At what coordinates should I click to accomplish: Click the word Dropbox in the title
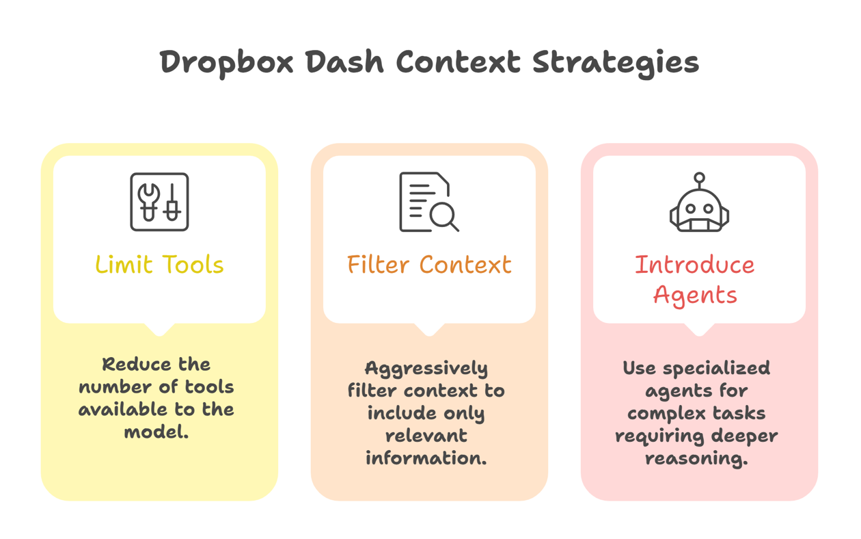pyautogui.click(x=227, y=63)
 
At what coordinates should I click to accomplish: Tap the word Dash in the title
pyautogui.click(x=345, y=62)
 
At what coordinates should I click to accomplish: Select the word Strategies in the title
pyautogui.click(x=616, y=63)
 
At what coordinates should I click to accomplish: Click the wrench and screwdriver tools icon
pyautogui.click(x=159, y=202)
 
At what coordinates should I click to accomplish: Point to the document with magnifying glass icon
pyautogui.click(x=429, y=202)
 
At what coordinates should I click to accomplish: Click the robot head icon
pyautogui.click(x=699, y=202)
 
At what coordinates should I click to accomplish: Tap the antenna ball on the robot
pyautogui.click(x=699, y=178)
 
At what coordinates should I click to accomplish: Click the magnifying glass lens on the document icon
pyautogui.click(x=442, y=214)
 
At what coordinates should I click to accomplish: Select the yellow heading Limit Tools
pyautogui.click(x=159, y=265)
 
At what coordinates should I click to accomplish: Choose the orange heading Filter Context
pyautogui.click(x=429, y=265)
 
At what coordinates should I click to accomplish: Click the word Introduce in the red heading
pyautogui.click(x=694, y=265)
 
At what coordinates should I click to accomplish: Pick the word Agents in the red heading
pyautogui.click(x=695, y=295)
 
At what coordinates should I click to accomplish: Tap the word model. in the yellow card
pyautogui.click(x=156, y=432)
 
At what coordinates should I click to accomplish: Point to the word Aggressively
pyautogui.click(x=426, y=369)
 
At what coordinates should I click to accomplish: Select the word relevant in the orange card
pyautogui.click(x=426, y=436)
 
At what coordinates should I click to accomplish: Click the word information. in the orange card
pyautogui.click(x=426, y=458)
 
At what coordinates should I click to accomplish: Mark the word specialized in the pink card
pyautogui.click(x=716, y=369)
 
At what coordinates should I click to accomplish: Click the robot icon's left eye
pyautogui.click(x=690, y=209)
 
